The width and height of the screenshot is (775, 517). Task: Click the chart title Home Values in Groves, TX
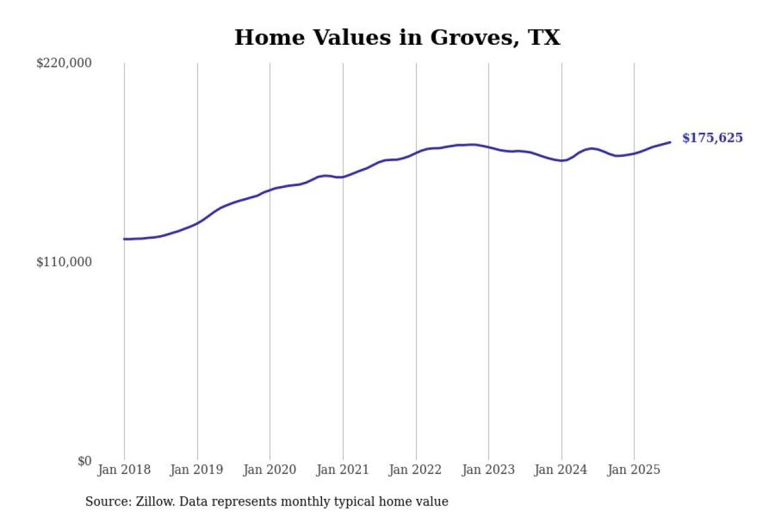coord(397,38)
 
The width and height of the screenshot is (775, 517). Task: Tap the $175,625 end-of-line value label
coord(712,138)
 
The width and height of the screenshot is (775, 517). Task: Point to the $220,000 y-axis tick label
coord(64,63)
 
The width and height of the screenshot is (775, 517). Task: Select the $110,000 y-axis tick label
coord(64,262)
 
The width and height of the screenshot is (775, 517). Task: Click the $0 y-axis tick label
coord(84,461)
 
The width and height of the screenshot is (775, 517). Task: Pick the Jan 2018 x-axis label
coord(124,470)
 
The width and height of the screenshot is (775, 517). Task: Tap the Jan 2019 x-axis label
coord(197,470)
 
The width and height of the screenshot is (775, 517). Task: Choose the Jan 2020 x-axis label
coord(270,470)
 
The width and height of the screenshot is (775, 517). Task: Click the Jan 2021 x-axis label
coord(343,470)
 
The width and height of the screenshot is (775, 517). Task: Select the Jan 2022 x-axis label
coord(416,470)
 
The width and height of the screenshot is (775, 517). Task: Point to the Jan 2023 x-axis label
coord(489,470)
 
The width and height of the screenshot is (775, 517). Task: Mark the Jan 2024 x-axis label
coord(561,470)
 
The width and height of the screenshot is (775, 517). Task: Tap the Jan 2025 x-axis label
coord(634,470)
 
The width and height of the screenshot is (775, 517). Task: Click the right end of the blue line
coord(670,142)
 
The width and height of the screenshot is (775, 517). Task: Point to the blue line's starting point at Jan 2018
coord(124,239)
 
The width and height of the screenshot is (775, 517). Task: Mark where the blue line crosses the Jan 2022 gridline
coord(416,152)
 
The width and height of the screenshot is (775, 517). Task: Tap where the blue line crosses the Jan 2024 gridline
coord(561,161)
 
